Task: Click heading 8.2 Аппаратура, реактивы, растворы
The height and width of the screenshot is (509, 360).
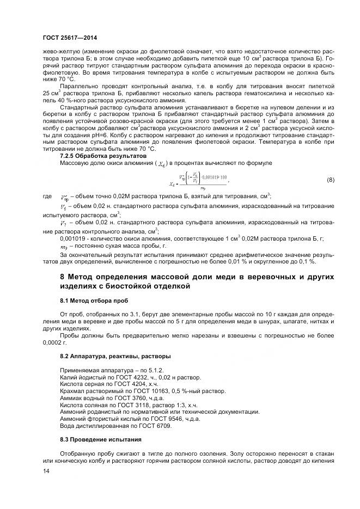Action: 107,355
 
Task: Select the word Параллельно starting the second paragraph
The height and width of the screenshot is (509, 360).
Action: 77,85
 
